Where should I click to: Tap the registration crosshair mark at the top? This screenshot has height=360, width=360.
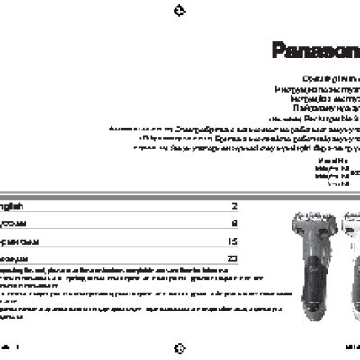[x=179, y=11]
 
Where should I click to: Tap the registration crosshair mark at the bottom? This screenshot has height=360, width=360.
[x=179, y=348]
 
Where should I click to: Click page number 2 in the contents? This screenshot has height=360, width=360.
[x=234, y=206]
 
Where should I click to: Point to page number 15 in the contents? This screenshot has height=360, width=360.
[x=232, y=241]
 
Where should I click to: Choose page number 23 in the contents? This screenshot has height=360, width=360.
[x=232, y=258]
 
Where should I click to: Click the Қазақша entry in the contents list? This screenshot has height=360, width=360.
[x=18, y=258]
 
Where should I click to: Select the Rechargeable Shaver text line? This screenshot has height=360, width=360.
[x=315, y=118]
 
